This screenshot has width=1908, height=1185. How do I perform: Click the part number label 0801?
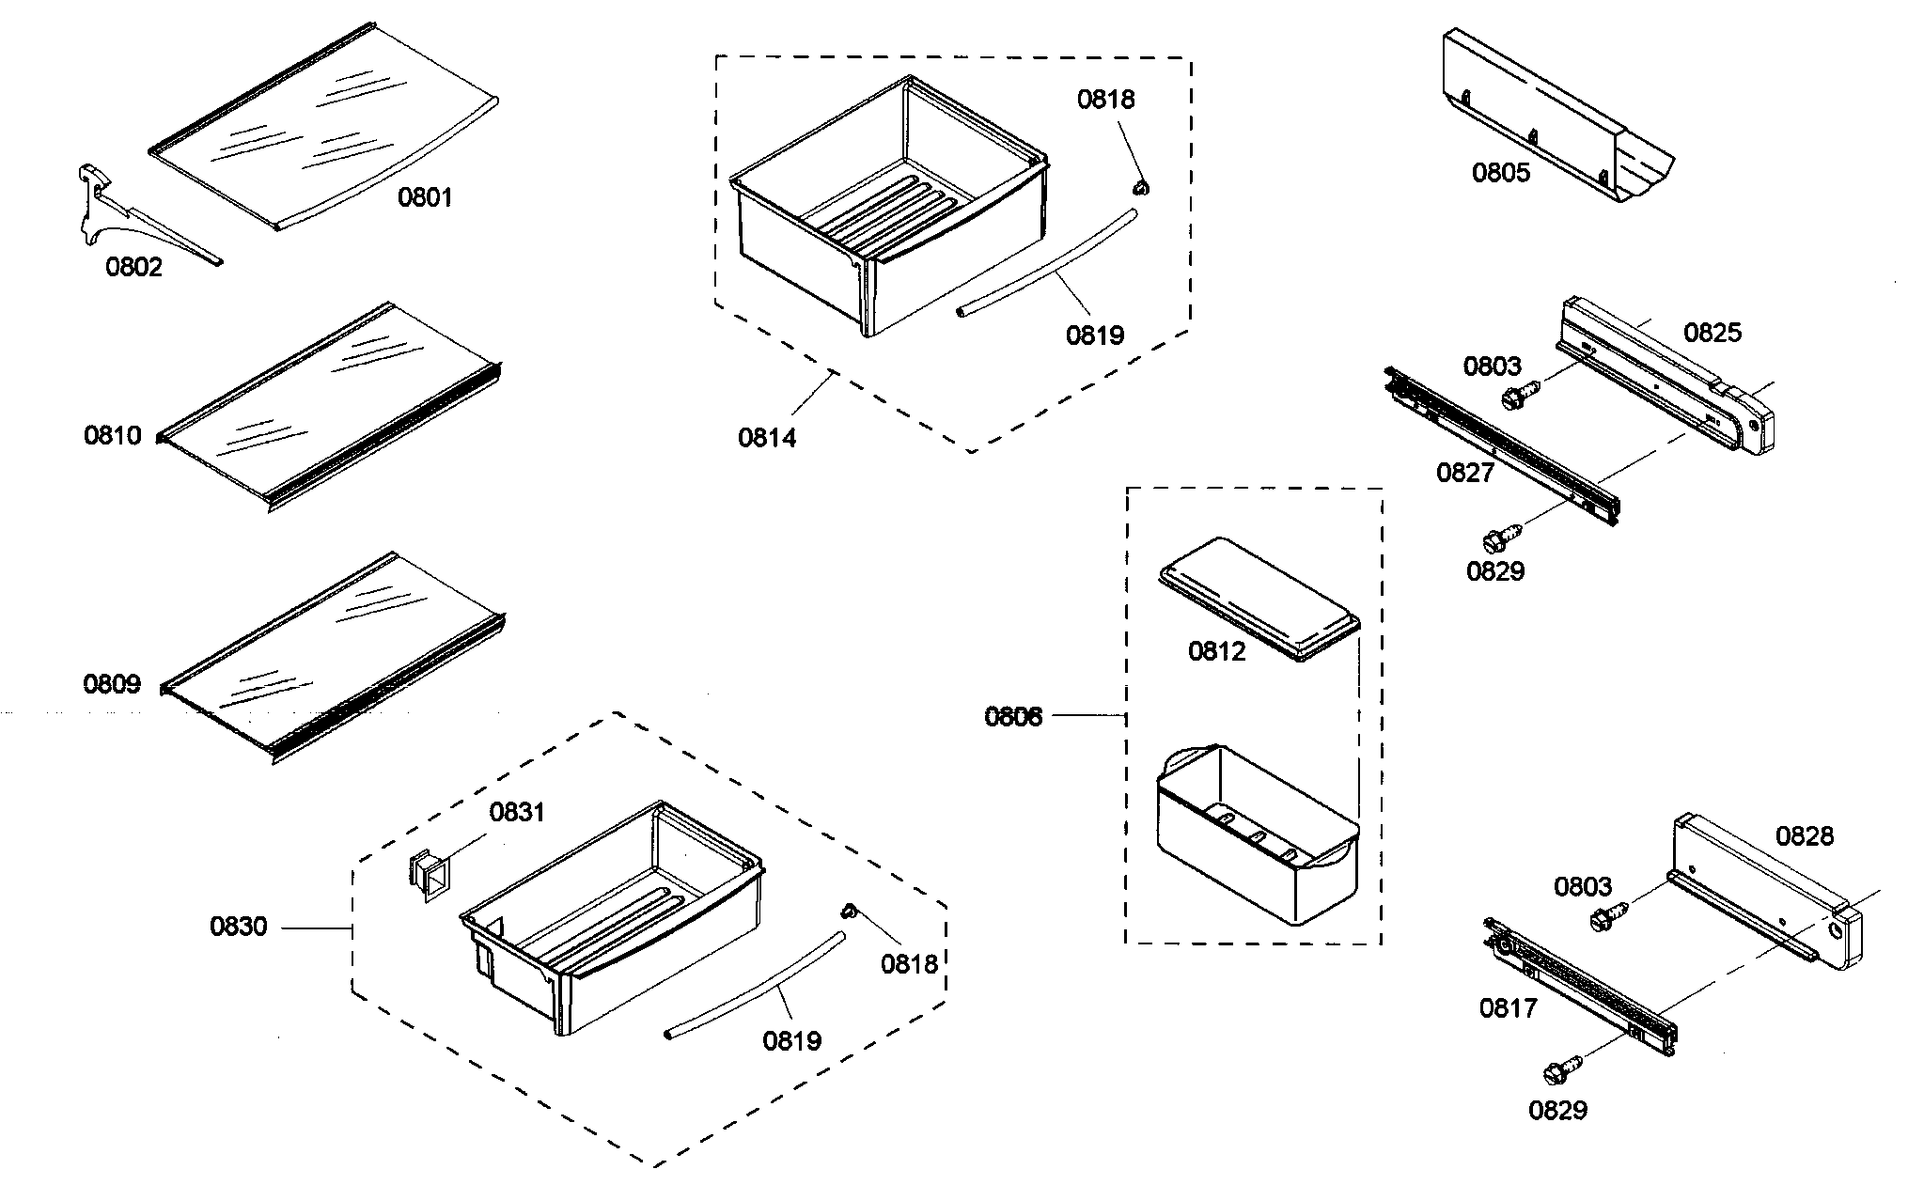point(425,197)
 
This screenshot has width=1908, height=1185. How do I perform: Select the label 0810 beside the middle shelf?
point(112,435)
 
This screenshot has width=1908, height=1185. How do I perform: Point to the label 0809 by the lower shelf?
point(112,683)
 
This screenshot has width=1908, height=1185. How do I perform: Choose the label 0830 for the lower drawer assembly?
point(238,927)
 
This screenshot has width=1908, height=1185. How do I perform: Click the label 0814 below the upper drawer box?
point(766,437)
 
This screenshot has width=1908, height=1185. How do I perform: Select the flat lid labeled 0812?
point(1259,597)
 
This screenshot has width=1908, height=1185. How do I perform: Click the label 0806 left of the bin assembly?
point(1013,717)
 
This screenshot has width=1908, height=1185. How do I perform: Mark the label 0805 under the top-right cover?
point(1500,173)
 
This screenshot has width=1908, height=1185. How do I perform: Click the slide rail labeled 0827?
point(1504,442)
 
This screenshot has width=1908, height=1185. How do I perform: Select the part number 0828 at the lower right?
point(1804,835)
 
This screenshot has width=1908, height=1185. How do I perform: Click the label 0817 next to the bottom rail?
point(1508,1008)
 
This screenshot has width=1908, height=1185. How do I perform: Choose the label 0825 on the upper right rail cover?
point(1712,333)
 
